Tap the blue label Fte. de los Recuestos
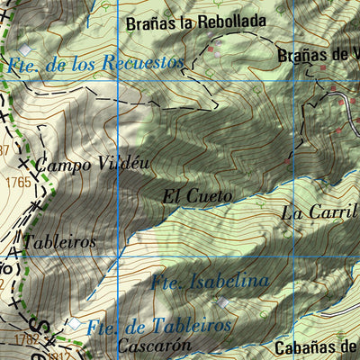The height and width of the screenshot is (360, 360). pos(94,64)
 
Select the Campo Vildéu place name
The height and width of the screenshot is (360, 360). pos(93,164)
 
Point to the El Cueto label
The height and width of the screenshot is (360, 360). pos(198,195)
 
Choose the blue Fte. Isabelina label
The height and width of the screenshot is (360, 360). pos(211,282)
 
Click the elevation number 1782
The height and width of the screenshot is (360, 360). pos(25,339)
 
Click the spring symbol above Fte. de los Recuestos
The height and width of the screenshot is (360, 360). pos(25,49)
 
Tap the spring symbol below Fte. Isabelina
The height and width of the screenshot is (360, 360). pos(222,302)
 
